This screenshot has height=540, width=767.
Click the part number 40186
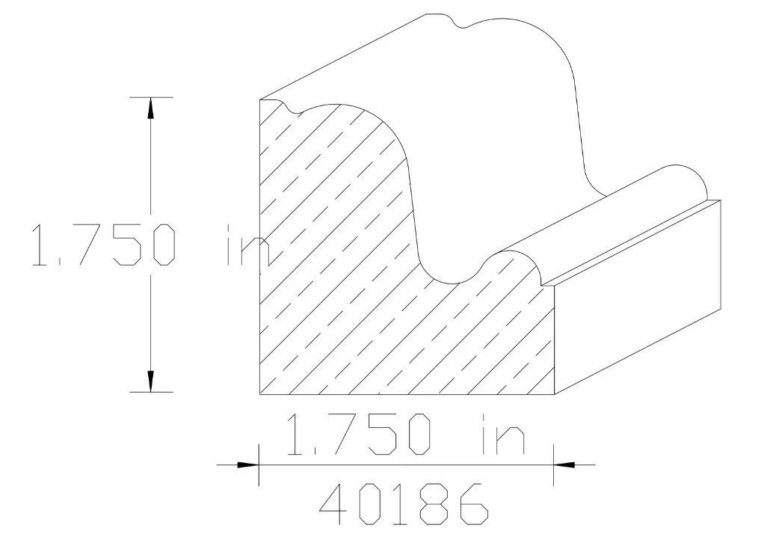coord(404,505)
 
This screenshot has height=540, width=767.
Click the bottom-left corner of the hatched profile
coord(259,393)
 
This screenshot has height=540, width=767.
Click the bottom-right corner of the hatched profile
coord(554,393)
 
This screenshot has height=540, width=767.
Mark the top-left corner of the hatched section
coord(259,99)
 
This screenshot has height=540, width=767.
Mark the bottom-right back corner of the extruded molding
coord(719,309)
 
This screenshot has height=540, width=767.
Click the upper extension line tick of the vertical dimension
coord(150,97)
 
